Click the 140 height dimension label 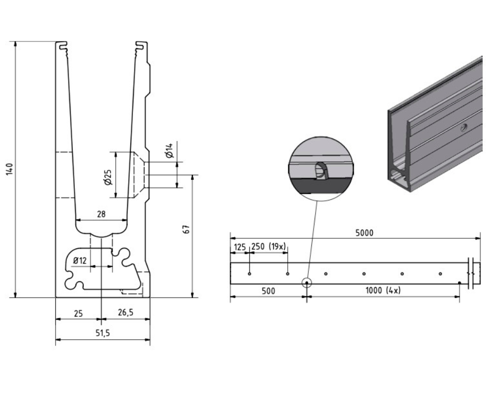click(x=9, y=169)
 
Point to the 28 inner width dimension click(x=100, y=214)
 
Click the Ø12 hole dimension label click(x=80, y=260)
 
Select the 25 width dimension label click(x=77, y=313)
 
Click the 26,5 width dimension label click(x=126, y=313)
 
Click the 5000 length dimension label click(x=364, y=233)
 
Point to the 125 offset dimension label click(x=239, y=246)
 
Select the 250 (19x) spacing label click(x=269, y=246)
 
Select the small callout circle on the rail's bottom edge click(x=306, y=283)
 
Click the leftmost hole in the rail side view click(x=250, y=273)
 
